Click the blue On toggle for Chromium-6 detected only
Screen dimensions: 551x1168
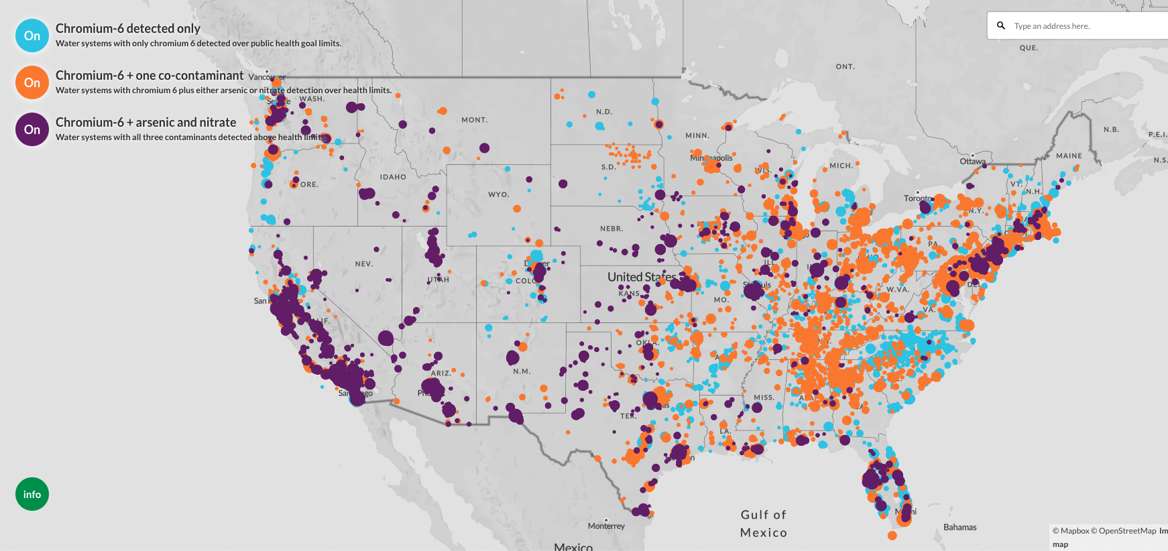(32, 36)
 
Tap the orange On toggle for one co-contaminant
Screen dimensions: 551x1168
(32, 82)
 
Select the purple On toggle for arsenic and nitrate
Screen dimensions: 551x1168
(32, 129)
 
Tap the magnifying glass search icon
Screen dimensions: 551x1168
(1001, 25)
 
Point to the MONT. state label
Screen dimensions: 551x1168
(474, 120)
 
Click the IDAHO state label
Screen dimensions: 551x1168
(393, 177)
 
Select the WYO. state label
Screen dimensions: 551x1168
(498, 194)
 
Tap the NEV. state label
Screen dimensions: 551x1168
(364, 264)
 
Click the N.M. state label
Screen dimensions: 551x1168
(522, 371)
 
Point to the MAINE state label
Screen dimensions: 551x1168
(1069, 156)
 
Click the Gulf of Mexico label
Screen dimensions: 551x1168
(764, 524)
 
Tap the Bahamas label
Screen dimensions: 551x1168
(959, 528)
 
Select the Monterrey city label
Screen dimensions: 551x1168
(606, 526)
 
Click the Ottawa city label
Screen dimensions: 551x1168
(972, 162)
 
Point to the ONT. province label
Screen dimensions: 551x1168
(845, 66)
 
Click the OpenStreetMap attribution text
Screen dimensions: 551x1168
(1127, 531)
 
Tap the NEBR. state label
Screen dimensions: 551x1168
(611, 229)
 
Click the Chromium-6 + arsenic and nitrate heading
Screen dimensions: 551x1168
(145, 122)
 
